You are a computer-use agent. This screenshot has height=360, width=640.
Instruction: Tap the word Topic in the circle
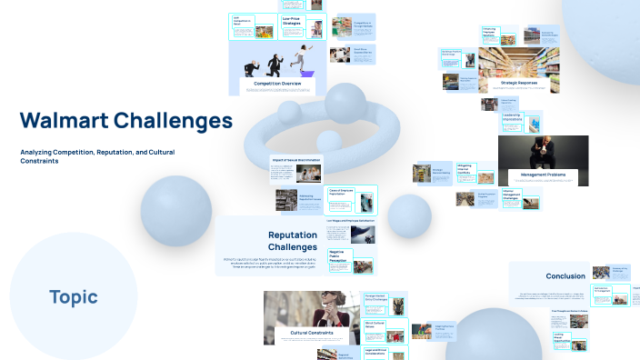[x=74, y=296]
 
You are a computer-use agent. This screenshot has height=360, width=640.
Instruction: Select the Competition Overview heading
[x=277, y=84]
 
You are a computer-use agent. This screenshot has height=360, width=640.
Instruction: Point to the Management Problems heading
[x=544, y=174]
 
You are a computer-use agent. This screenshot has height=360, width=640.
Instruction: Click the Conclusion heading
[x=565, y=275]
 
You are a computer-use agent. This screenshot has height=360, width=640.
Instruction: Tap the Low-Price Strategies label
[x=293, y=19]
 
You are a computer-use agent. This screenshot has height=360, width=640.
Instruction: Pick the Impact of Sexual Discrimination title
[x=296, y=160]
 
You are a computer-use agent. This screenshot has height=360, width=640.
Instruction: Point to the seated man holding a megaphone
[x=544, y=152]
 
